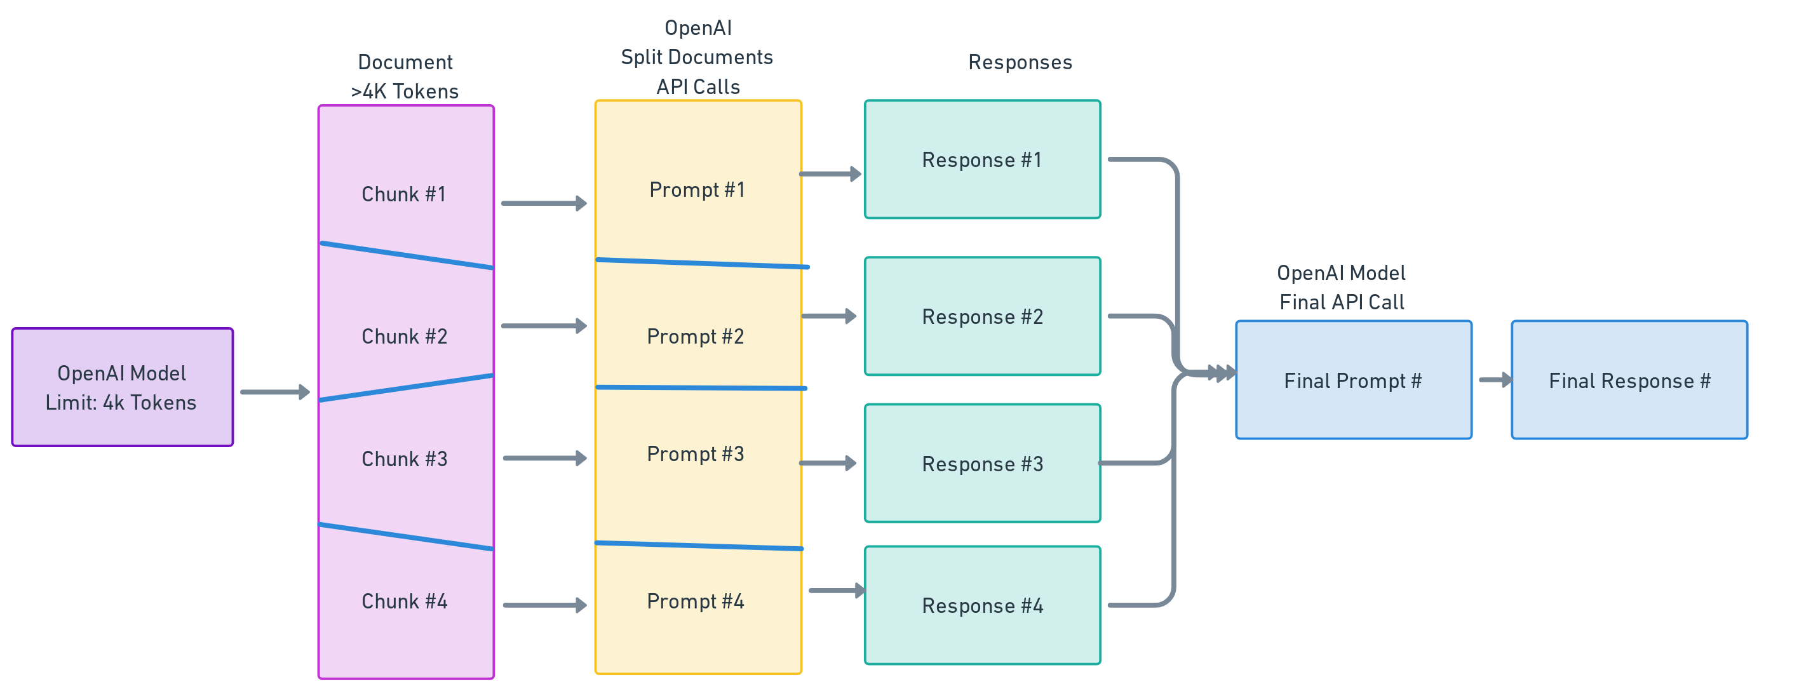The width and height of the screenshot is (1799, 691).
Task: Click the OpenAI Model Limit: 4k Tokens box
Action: click(x=122, y=387)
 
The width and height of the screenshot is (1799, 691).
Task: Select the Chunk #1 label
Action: click(x=403, y=194)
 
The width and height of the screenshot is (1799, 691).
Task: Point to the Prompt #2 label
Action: click(x=696, y=337)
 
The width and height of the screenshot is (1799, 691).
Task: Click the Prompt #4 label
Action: click(x=696, y=601)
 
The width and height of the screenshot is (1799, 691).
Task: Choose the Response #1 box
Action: click(x=982, y=160)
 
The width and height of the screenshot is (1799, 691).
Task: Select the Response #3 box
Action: click(x=982, y=464)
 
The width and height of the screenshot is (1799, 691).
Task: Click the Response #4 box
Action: click(x=982, y=605)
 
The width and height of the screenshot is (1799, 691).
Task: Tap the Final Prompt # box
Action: click(x=1352, y=380)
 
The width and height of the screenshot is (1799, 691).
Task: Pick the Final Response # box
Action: click(x=1629, y=380)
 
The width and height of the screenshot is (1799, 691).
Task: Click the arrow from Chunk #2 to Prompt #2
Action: click(x=543, y=326)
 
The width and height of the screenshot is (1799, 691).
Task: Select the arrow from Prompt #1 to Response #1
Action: click(x=830, y=174)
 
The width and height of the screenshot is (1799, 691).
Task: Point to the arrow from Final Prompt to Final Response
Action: click(x=1495, y=380)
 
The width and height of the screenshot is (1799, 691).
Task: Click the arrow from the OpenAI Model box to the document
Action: click(x=274, y=392)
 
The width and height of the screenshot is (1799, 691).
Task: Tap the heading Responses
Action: click(x=1020, y=62)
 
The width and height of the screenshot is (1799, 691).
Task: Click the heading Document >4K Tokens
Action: click(x=405, y=77)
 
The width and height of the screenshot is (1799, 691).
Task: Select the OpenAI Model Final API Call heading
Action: click(x=1341, y=288)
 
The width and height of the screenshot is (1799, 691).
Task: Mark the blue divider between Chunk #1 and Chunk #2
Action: click(x=407, y=255)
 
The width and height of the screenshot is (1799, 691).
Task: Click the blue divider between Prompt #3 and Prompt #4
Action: click(x=698, y=546)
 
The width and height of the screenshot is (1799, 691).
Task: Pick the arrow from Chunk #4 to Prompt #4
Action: click(x=543, y=605)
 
